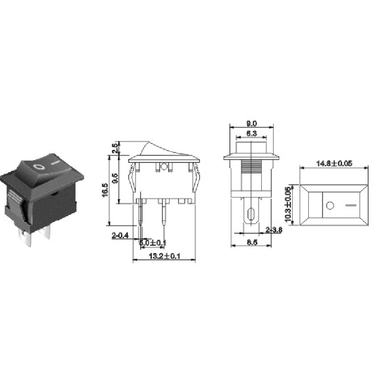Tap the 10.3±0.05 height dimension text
pos(288,205)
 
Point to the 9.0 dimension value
pos(252,123)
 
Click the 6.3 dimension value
pos(252,134)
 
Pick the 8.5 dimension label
pos(252,242)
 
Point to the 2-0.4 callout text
pos(120,235)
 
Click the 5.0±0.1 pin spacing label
pos(152,243)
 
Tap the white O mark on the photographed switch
pos(38,167)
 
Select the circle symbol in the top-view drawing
pos(330,206)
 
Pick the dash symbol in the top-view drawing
pos(351,206)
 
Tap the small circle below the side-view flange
pos(164,167)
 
